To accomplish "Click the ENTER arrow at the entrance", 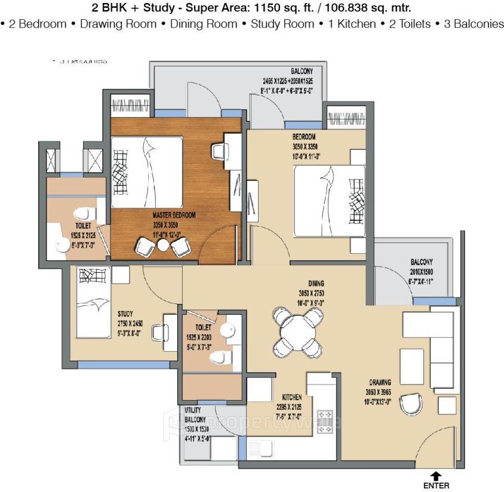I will tap(436, 476).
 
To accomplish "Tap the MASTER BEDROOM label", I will tap(174, 215).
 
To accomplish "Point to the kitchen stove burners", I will tap(325, 417).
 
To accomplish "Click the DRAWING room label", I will tap(379, 382).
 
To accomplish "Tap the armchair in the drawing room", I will tap(410, 404).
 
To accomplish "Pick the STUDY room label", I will tap(125, 313).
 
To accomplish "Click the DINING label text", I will tap(316, 284).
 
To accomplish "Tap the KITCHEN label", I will tap(293, 397).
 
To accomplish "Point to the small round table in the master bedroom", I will tap(163, 244).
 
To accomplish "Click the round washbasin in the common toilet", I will tap(228, 330).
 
